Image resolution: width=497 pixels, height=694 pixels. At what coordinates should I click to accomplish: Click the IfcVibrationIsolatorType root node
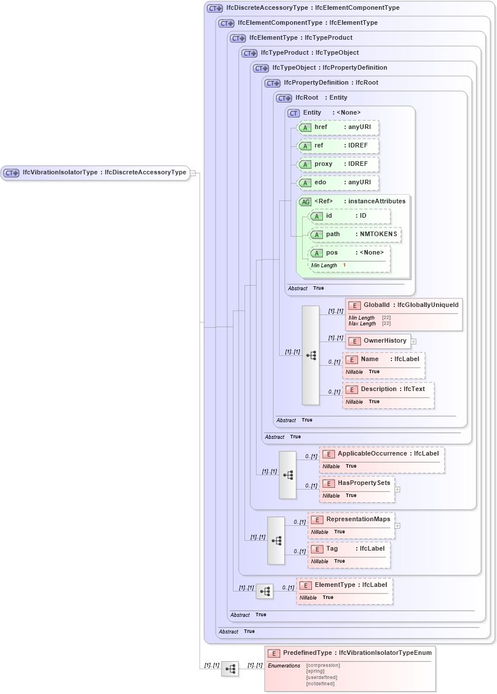pyautogui.click(x=95, y=172)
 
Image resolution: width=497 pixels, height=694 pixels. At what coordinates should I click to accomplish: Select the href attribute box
pyautogui.click(x=337, y=128)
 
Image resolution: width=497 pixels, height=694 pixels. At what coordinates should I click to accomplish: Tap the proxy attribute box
pyautogui.click(x=337, y=164)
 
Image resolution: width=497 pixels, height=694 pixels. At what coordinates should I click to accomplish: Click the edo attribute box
pyautogui.click(x=337, y=183)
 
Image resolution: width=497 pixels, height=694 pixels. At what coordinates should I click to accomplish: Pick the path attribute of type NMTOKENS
pyautogui.click(x=355, y=234)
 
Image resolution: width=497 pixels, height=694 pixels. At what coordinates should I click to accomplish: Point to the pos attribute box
pyautogui.click(x=349, y=253)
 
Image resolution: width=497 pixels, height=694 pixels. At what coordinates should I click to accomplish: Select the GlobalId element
pyautogui.click(x=404, y=305)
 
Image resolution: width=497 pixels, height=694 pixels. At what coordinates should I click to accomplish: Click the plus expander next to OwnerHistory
pyautogui.click(x=413, y=341)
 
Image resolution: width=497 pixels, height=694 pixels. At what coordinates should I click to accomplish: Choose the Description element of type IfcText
pyautogui.click(x=387, y=389)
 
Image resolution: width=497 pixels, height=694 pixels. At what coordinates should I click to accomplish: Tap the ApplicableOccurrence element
pyautogui.click(x=382, y=454)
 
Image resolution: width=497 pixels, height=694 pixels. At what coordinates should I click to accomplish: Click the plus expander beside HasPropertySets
pyautogui.click(x=397, y=489)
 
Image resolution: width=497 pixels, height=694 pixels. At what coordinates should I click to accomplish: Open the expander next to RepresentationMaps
pyautogui.click(x=397, y=525)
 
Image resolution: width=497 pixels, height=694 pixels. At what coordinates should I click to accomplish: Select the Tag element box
pyautogui.click(x=349, y=549)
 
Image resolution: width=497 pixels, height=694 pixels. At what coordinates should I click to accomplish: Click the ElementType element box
pyautogui.click(x=344, y=585)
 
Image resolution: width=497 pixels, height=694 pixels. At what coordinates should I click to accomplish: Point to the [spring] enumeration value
pyautogui.click(x=316, y=672)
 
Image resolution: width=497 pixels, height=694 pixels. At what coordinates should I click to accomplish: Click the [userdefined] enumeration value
pyautogui.click(x=321, y=677)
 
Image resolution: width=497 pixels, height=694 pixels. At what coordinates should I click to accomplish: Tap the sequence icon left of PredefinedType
pyautogui.click(x=230, y=669)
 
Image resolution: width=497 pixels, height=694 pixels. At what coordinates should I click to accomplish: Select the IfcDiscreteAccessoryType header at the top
pyautogui.click(x=303, y=8)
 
